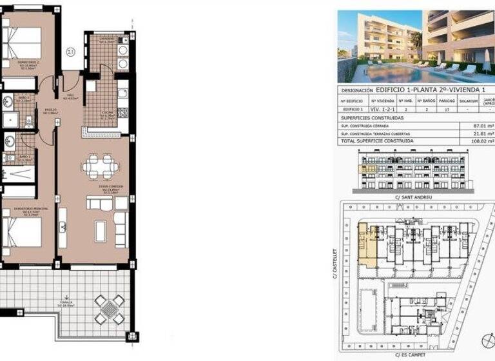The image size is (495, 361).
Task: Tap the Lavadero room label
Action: coord(107,39)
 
